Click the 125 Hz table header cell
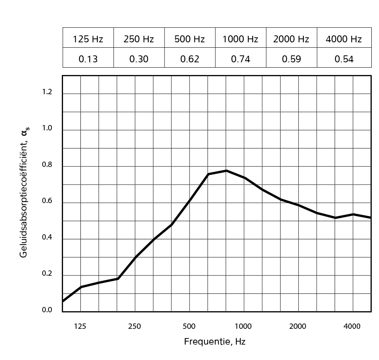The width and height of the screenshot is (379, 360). tap(88, 39)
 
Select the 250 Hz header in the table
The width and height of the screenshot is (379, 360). tap(139, 39)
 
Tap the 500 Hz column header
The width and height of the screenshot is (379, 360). tap(189, 39)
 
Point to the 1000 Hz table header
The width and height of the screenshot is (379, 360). tap(240, 39)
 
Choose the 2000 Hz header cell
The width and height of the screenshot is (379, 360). tap(291, 39)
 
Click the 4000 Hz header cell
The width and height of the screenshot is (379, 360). tap(344, 39)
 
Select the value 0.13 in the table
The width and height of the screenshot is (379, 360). tap(88, 59)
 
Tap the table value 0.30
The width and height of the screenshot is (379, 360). tap(139, 59)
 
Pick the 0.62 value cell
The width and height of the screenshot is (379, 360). tap(189, 59)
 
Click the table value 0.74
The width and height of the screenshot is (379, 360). tap(240, 59)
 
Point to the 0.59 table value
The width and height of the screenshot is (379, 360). tap(291, 59)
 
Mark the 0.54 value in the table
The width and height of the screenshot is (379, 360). tap(344, 59)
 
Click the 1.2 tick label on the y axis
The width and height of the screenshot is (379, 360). tap(47, 92)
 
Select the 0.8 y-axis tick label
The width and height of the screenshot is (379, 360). tap(47, 165)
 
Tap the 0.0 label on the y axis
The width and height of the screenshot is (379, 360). tap(47, 310)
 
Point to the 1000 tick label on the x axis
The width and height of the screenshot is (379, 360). tap(243, 327)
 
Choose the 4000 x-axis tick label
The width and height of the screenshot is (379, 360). tap(352, 327)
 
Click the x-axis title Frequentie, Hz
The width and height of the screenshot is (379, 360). tap(214, 342)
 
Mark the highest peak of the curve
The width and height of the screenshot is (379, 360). tap(226, 170)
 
